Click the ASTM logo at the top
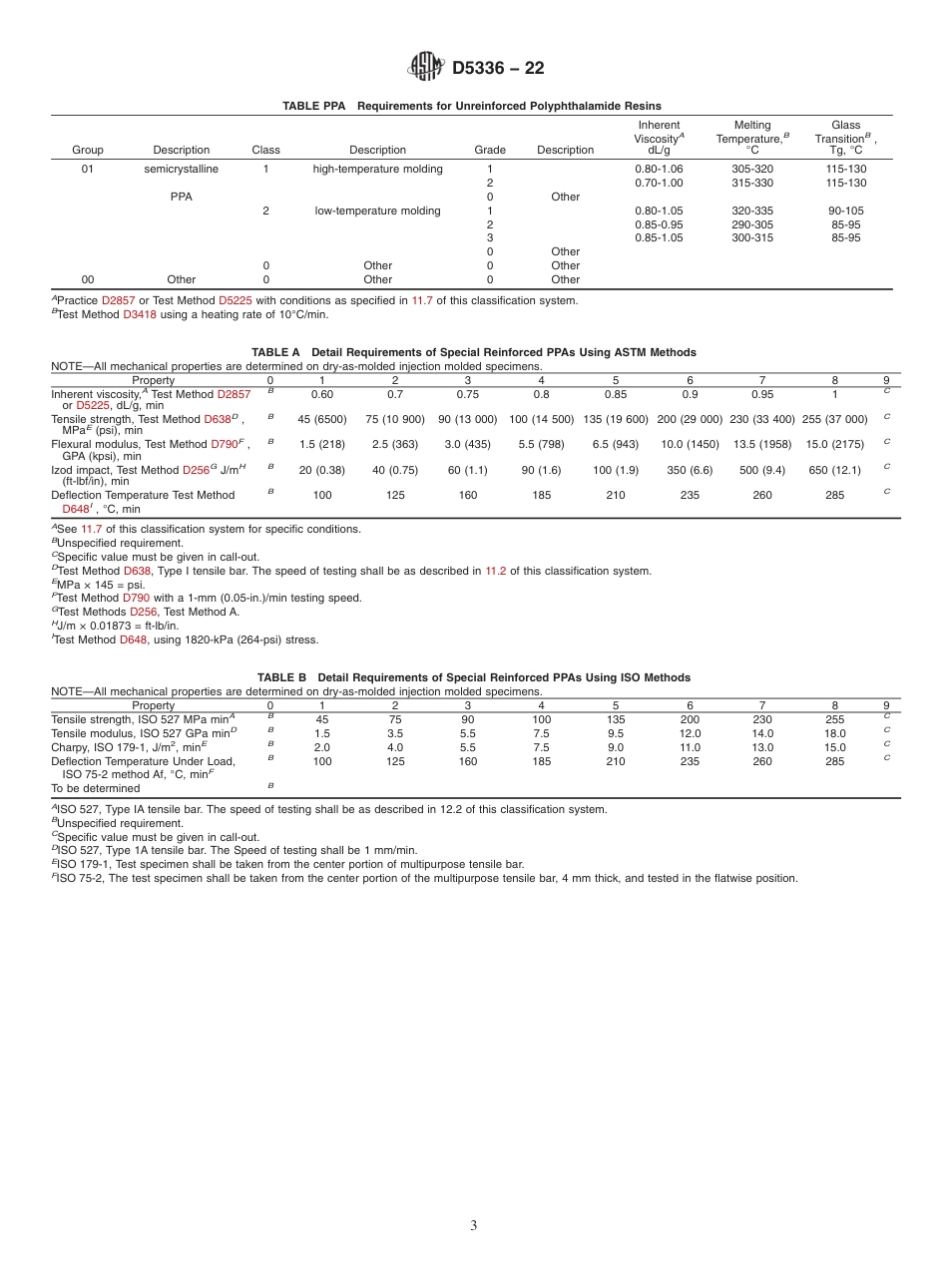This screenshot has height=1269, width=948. [x=426, y=68]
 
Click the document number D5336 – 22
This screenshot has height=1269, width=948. [x=498, y=69]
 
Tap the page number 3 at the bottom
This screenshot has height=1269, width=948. [x=474, y=1225]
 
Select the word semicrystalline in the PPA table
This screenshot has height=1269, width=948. [x=182, y=169]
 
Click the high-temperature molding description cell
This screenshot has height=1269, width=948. [x=377, y=169]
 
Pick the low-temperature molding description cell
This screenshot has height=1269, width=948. [x=377, y=211]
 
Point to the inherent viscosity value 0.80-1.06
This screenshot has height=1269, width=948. [x=659, y=169]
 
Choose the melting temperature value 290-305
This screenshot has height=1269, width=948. [x=752, y=224]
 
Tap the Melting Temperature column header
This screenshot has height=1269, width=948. [x=752, y=138]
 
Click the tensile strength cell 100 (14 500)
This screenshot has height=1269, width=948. [x=541, y=419]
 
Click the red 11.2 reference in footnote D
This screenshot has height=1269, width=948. [x=496, y=571]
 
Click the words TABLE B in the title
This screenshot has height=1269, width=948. [x=281, y=677]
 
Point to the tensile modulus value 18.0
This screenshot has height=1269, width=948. [x=834, y=733]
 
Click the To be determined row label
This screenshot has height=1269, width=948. [x=96, y=788]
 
